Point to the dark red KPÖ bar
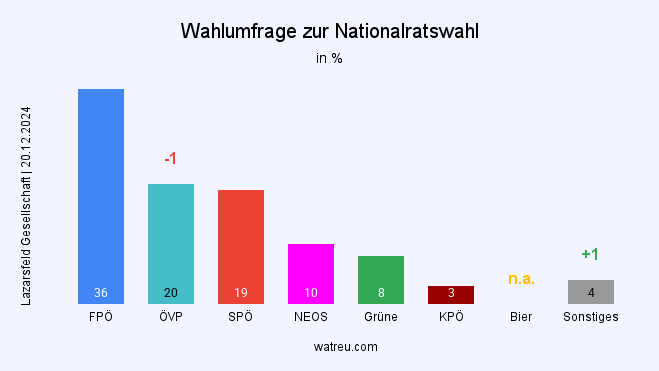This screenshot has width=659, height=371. click(451, 294)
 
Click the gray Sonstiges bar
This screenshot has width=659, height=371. click(591, 291)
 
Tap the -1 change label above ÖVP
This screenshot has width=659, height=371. click(170, 159)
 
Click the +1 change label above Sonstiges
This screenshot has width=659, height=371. click(590, 254)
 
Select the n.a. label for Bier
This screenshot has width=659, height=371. click(521, 278)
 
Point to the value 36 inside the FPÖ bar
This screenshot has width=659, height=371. click(101, 293)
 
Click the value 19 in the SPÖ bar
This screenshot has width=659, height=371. click(241, 293)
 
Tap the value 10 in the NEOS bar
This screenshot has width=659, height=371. click(311, 293)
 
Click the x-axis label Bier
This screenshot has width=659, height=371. click(521, 317)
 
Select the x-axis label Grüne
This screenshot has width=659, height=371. click(381, 317)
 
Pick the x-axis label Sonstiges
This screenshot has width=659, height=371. click(591, 317)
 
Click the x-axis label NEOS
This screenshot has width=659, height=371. click(311, 317)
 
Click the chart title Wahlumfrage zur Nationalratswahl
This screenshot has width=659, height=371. click(329, 31)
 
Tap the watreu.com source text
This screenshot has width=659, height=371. click(329, 346)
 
